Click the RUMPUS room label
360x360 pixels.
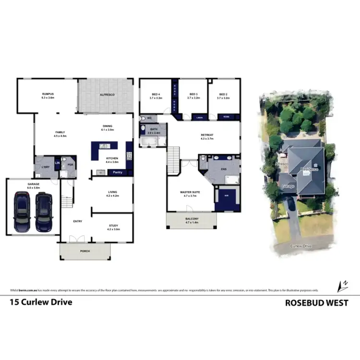pyautogui.click(x=48, y=95)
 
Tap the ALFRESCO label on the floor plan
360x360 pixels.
pyautogui.click(x=106, y=95)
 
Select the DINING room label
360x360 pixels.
pyautogui.click(x=107, y=128)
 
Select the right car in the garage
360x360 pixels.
pyautogui.click(x=43, y=211)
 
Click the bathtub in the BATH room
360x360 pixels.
pyautogui.click(x=148, y=141)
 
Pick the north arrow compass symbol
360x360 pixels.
pyautogui.click(x=343, y=285)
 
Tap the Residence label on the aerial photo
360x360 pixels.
pyautogui.click(x=310, y=169)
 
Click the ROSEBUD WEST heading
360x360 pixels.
pyautogui.click(x=316, y=303)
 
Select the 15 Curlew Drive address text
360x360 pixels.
pyautogui.click(x=41, y=303)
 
